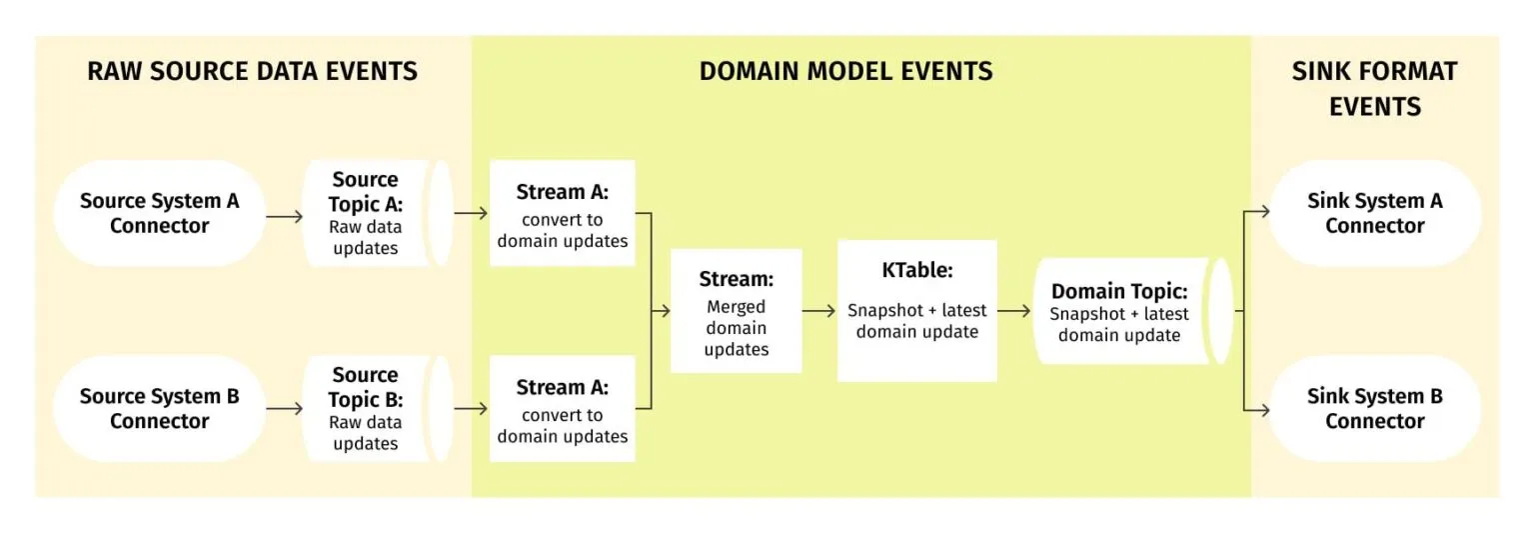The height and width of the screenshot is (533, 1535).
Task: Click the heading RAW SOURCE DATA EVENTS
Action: (x=252, y=71)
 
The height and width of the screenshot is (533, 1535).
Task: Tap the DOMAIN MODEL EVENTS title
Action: (x=845, y=71)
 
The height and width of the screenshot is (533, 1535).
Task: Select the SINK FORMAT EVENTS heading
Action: (x=1374, y=88)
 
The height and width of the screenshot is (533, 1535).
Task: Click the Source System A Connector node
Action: (x=160, y=213)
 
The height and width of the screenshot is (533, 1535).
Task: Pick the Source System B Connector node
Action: (x=160, y=408)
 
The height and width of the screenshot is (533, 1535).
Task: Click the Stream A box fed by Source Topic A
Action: (x=562, y=213)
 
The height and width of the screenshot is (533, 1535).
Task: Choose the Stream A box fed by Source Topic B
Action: (x=562, y=408)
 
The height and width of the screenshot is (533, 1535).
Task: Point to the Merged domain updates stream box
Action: (x=736, y=311)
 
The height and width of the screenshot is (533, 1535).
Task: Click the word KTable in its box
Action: (x=916, y=271)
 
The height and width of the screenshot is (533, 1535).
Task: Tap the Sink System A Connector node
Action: (x=1374, y=213)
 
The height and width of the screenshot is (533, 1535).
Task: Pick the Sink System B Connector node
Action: (x=1374, y=408)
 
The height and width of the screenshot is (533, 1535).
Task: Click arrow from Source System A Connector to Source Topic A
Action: (x=285, y=214)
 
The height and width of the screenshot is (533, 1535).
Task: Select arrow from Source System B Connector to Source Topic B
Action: (x=285, y=409)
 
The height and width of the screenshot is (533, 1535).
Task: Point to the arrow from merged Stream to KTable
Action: (x=818, y=311)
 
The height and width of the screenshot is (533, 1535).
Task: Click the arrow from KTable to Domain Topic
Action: (x=1013, y=311)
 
